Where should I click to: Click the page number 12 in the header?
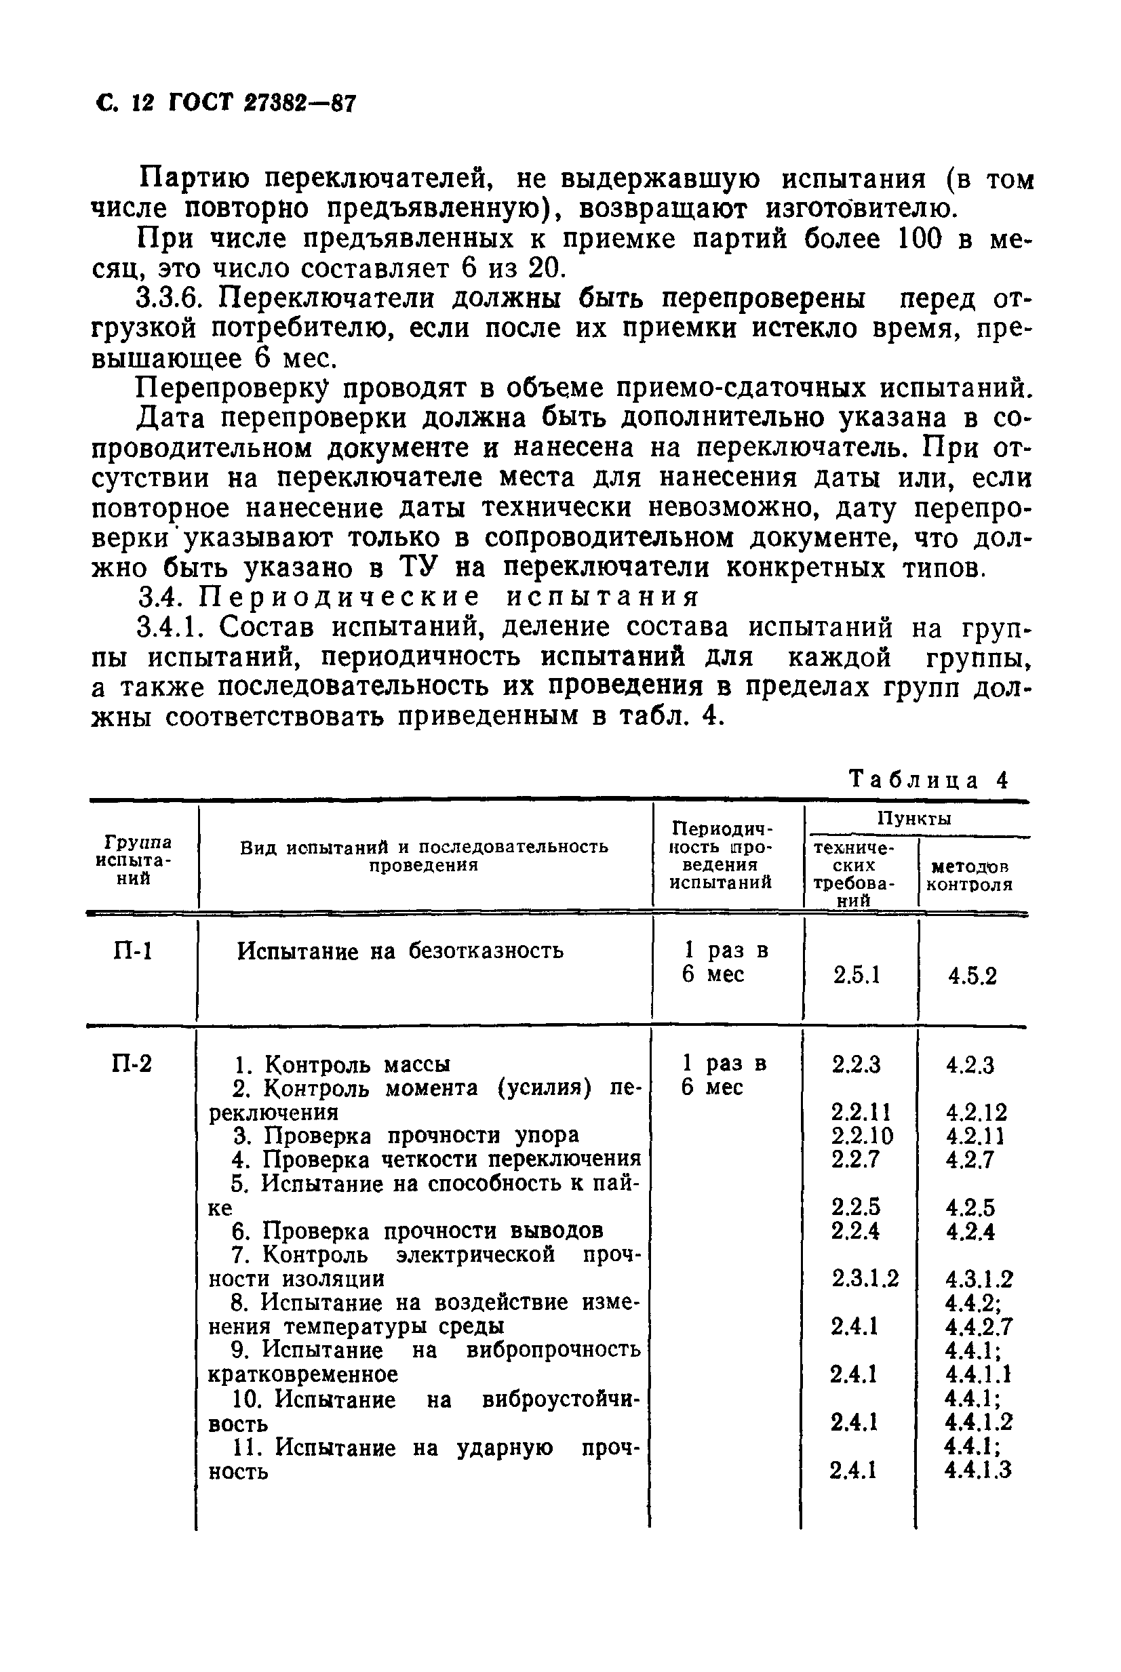143,104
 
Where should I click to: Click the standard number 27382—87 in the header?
299,104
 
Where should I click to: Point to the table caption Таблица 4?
927,779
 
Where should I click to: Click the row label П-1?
133,951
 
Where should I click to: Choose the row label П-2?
133,1064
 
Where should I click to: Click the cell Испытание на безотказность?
400,951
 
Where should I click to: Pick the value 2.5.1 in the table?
857,976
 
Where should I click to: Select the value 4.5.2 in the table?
972,976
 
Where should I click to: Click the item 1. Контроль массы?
343,1065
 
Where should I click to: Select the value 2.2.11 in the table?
861,1112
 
